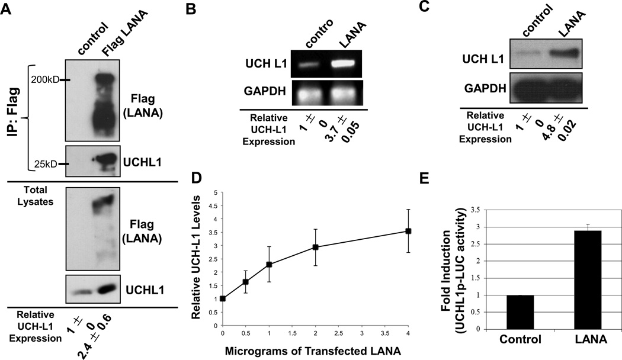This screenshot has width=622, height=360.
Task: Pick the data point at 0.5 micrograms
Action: tap(246, 282)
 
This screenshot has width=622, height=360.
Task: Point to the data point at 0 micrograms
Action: tap(223, 298)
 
